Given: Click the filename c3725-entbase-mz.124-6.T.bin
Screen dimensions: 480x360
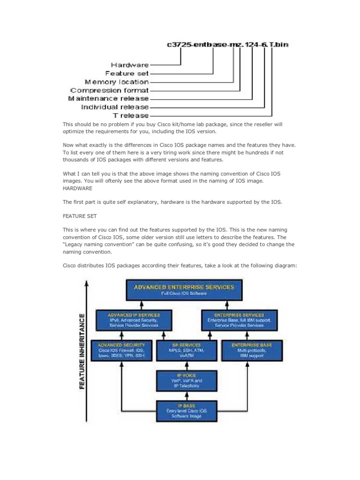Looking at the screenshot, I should (x=228, y=45).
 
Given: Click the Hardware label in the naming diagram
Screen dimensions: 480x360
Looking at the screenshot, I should (x=130, y=65).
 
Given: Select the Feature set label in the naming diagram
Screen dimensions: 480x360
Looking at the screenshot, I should (x=127, y=74).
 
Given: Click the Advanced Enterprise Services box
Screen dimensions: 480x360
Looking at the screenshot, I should (x=184, y=290).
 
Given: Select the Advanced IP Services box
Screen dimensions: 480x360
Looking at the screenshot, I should (x=134, y=320).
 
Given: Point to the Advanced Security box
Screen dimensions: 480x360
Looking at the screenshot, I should (x=121, y=350).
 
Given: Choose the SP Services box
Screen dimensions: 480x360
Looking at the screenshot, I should (x=187, y=350).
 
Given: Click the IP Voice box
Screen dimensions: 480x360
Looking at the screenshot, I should (x=187, y=381).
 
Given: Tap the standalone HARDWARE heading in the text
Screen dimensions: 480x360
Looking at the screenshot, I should (x=77, y=188).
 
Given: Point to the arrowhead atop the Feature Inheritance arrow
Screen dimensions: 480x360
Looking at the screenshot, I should (x=87, y=282).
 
